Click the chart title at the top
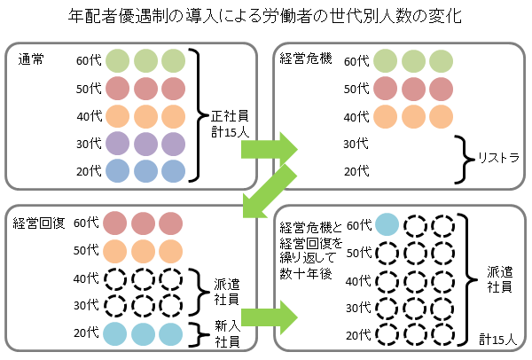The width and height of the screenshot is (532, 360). click(266, 16)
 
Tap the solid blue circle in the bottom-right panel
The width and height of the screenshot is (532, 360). click(387, 225)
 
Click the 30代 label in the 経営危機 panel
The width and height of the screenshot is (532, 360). click(356, 144)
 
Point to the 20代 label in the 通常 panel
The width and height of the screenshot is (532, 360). click(88, 170)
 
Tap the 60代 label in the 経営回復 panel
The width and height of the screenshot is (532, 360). click(87, 223)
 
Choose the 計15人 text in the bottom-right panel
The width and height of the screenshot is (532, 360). click(501, 338)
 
